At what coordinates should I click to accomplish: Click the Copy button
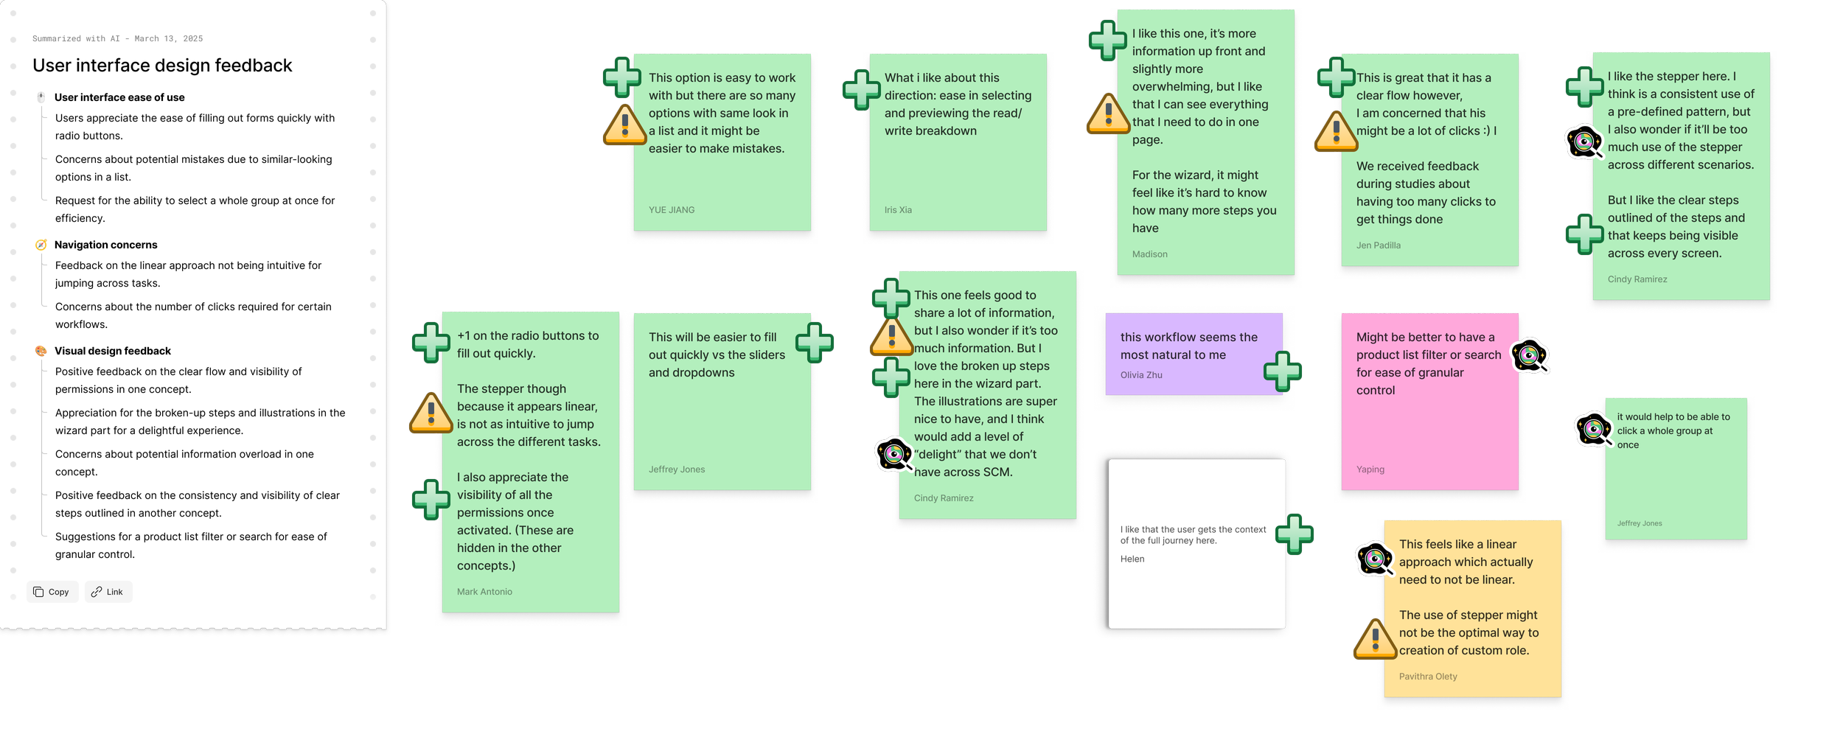[52, 592]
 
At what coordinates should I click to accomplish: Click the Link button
[108, 592]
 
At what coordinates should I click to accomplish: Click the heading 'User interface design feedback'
[162, 66]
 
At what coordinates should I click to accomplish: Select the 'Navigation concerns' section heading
[105, 245]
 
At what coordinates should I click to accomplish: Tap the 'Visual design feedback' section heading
[112, 351]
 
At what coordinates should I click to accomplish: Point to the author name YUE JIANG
[671, 210]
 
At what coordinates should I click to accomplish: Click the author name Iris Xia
[898, 210]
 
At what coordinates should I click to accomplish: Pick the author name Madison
[1149, 254]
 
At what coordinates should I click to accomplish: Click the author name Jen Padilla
[1378, 245]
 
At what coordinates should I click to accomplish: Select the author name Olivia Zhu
[1140, 375]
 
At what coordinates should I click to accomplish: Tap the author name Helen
[1132, 559]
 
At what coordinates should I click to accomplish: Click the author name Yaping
[1370, 469]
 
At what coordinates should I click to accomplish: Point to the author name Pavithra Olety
[1427, 677]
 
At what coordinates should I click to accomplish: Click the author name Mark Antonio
[484, 592]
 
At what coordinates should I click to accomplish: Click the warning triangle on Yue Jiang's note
[624, 125]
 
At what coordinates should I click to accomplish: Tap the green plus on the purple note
[1282, 371]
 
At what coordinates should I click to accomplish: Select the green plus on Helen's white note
[1294, 534]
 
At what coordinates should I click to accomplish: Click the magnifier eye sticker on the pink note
[1530, 357]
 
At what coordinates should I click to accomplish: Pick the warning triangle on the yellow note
[1375, 639]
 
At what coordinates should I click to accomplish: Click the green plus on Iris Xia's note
[861, 90]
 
